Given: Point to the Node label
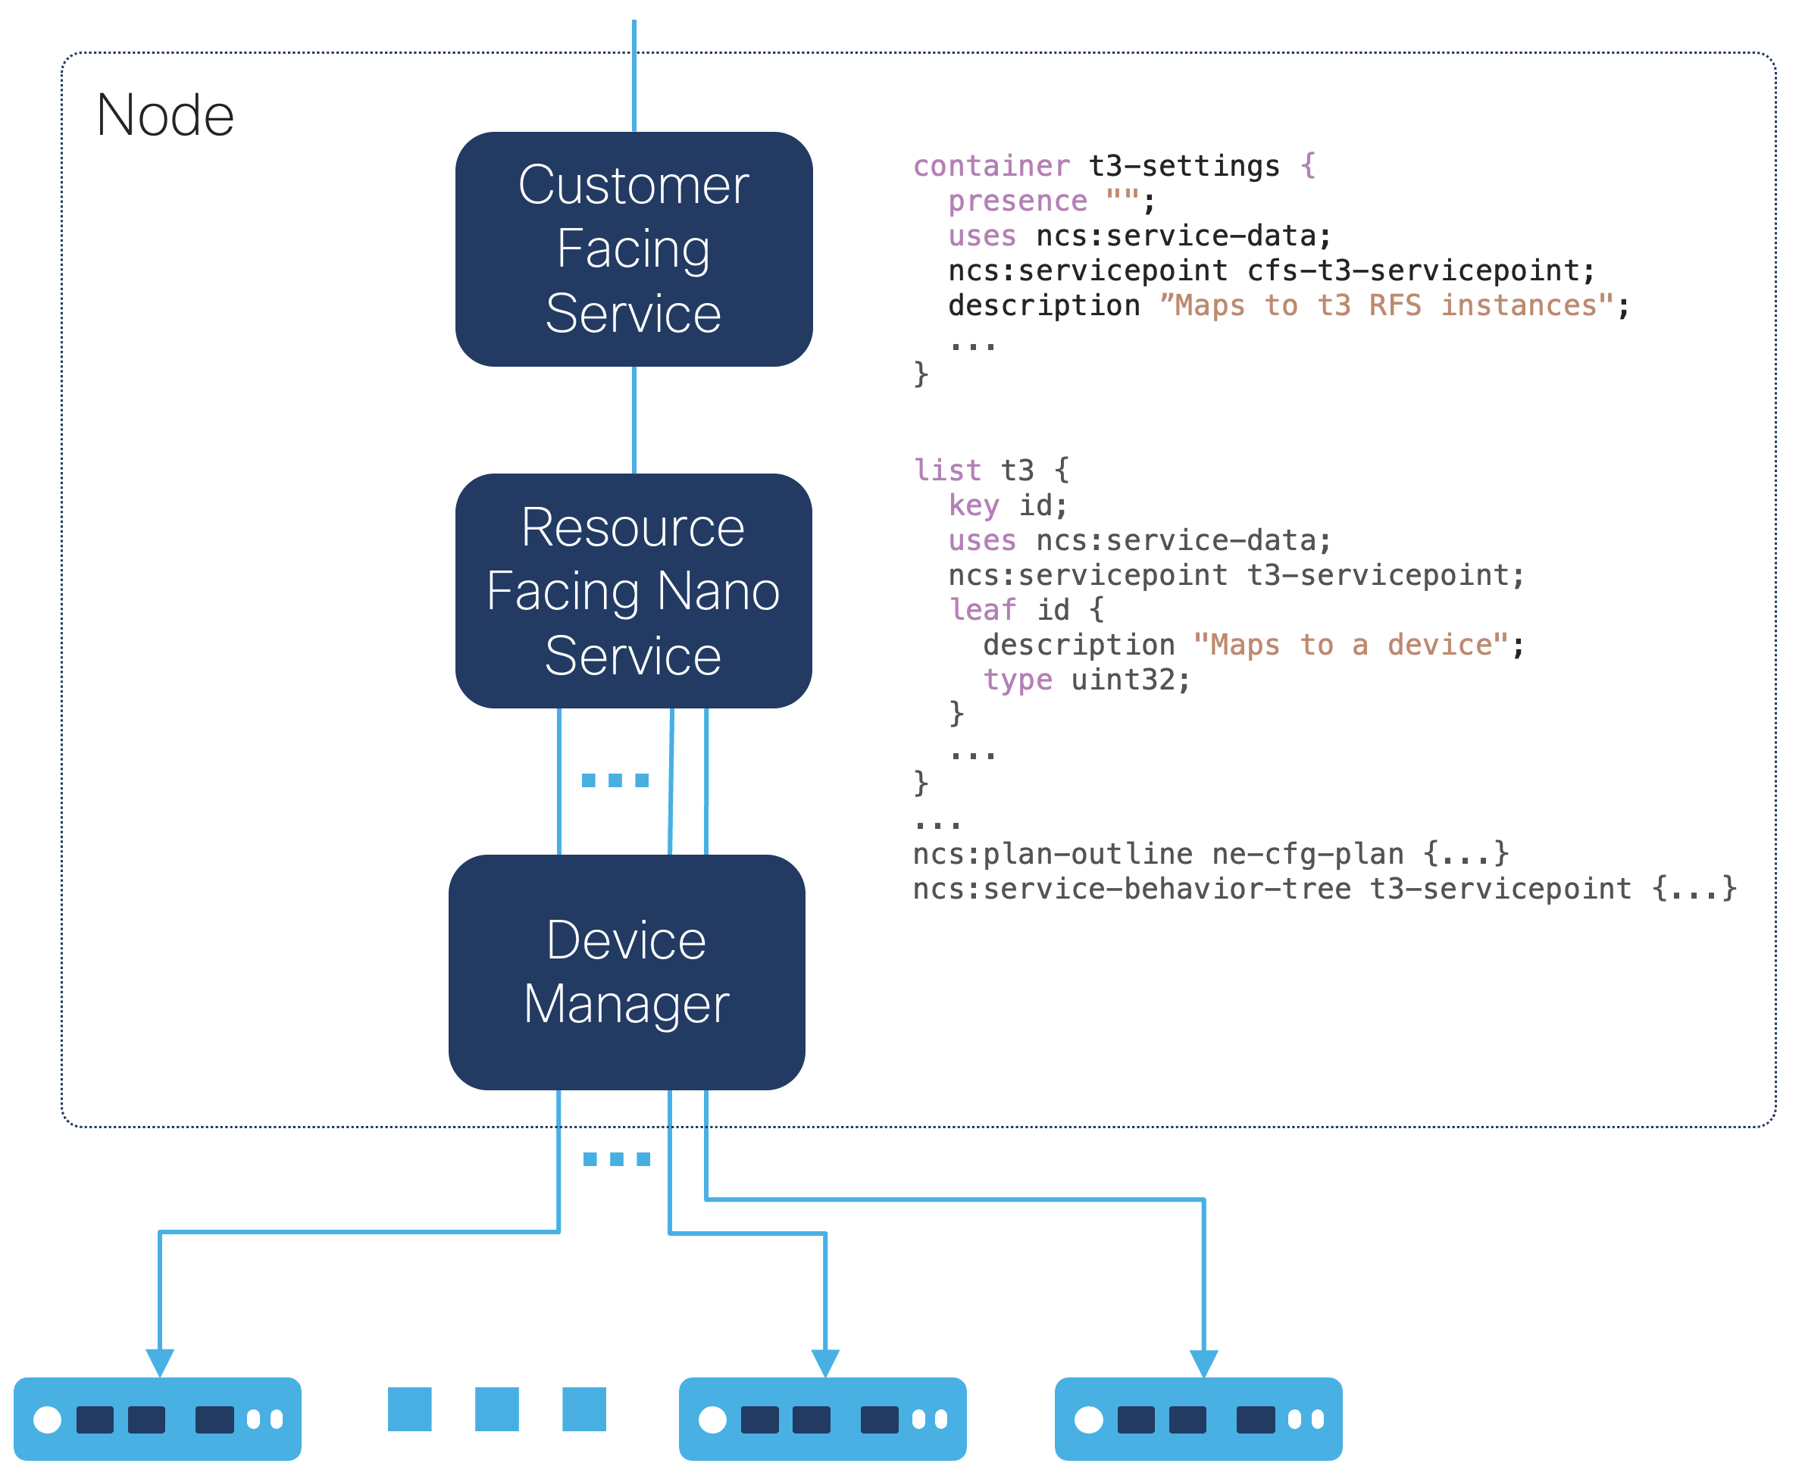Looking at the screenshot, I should click(x=164, y=115).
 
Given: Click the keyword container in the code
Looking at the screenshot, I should click(x=991, y=165).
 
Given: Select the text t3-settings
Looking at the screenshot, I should click(x=1184, y=165).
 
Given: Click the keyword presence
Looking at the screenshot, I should click(x=1017, y=201).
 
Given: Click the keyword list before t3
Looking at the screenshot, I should click(x=946, y=471).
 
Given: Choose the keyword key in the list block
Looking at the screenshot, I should click(x=973, y=505).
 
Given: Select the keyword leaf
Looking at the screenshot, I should click(x=981, y=609).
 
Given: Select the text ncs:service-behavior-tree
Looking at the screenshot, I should click(x=1131, y=889).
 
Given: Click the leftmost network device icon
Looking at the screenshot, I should click(x=158, y=1418).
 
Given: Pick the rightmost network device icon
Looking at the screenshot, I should click(x=1198, y=1418).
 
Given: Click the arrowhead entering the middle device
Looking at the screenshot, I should click(x=824, y=1362).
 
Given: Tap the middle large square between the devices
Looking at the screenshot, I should click(x=496, y=1409).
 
